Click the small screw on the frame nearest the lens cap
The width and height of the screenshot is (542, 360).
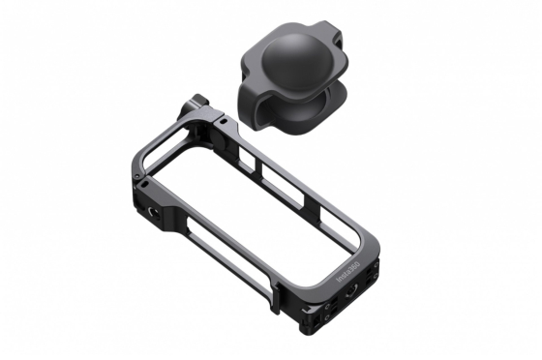pos(225,122)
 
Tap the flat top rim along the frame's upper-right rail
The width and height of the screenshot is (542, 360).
pos(300,179)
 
